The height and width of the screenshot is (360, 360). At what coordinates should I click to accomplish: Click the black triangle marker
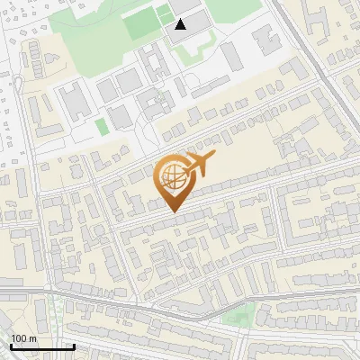click(182, 23)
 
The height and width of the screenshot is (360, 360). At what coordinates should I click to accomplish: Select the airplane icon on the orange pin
click(199, 164)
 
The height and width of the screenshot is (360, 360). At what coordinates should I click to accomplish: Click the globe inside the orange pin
click(171, 175)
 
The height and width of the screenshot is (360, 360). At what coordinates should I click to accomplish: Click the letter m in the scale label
click(33, 338)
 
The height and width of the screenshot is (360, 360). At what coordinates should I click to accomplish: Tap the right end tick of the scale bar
click(74, 346)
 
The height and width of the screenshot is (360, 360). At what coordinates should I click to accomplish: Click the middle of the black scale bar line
click(41, 347)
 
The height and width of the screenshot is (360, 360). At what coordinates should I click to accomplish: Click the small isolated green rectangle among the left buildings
click(102, 126)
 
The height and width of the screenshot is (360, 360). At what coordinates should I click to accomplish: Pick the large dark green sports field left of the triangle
click(139, 24)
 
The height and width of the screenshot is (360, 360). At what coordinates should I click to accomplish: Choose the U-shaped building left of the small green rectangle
click(76, 101)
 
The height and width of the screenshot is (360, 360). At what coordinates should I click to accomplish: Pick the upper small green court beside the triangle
click(163, 10)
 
